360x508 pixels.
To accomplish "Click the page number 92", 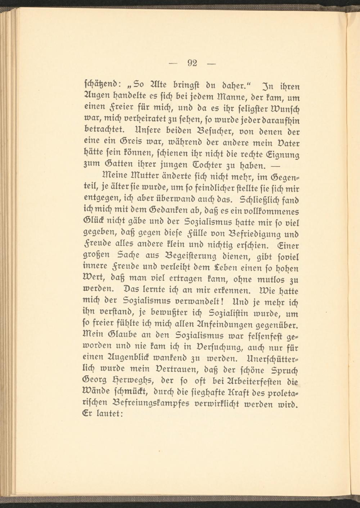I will (192, 64).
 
